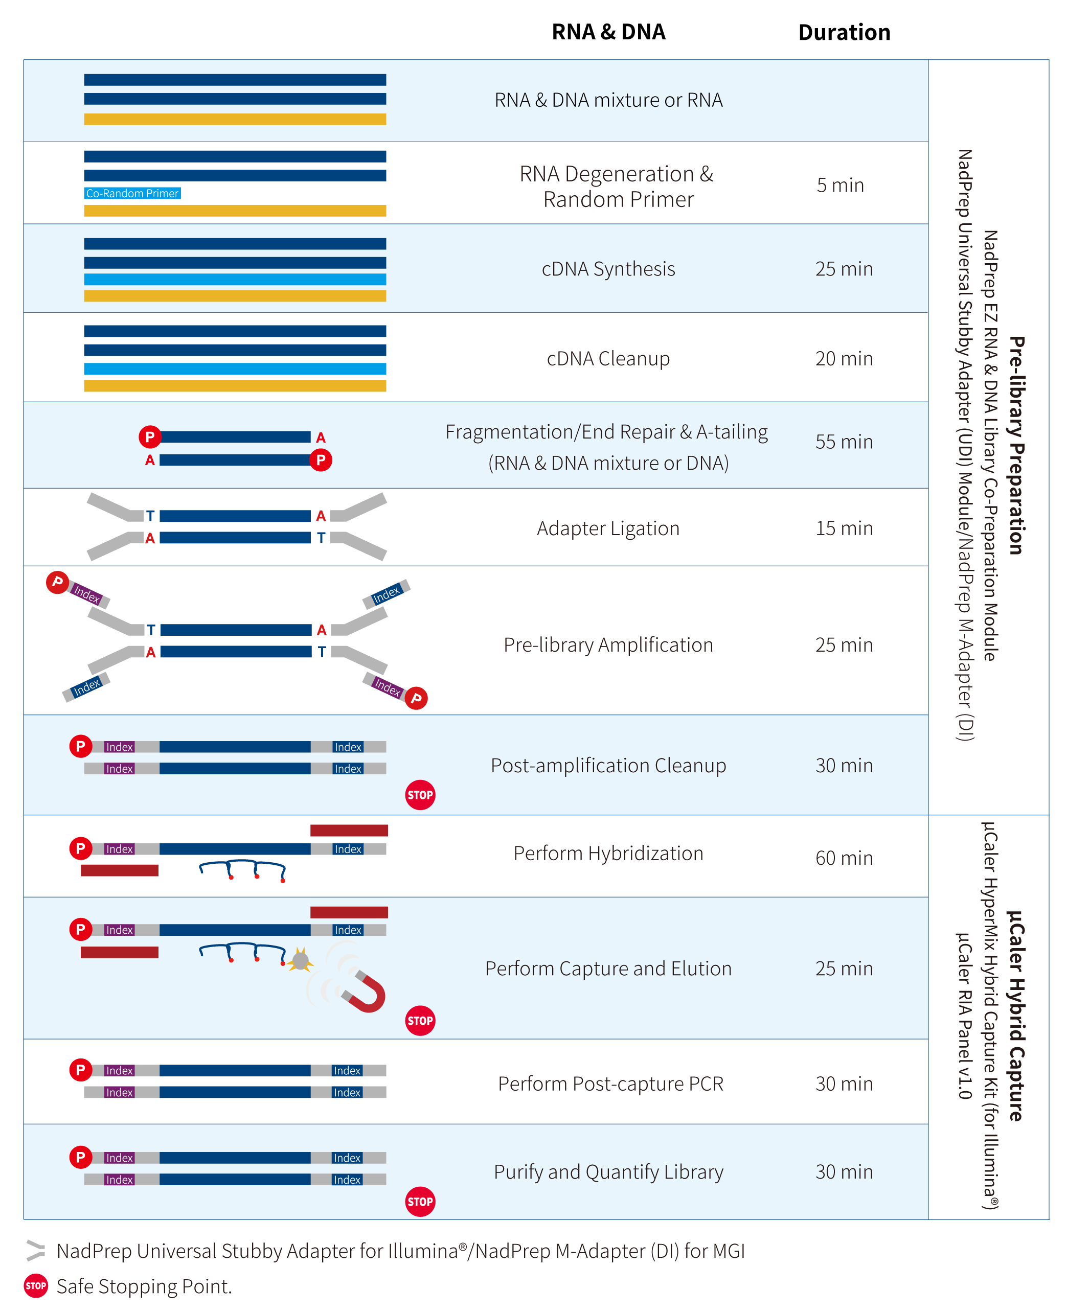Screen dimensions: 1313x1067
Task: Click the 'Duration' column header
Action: tap(844, 33)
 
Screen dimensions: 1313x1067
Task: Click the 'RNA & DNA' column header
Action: tap(608, 32)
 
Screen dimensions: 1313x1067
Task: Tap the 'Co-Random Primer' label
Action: tap(132, 193)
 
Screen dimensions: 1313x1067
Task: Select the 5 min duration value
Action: tap(839, 185)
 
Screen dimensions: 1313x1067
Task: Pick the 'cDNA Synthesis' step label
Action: tap(608, 269)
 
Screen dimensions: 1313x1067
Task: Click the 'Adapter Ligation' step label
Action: tap(608, 528)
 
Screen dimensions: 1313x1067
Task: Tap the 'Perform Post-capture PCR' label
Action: tap(610, 1084)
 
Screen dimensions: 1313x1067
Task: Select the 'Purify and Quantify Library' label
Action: tap(608, 1172)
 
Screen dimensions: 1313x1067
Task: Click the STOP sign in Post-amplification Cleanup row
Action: tap(420, 795)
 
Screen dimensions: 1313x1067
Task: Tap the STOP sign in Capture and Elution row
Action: tap(420, 1021)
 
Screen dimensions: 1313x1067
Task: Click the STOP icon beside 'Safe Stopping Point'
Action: tap(36, 1286)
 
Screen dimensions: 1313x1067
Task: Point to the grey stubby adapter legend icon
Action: tap(36, 1250)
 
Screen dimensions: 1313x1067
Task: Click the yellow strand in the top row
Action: tap(235, 119)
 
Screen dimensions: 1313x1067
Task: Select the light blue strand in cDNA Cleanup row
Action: tap(235, 368)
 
